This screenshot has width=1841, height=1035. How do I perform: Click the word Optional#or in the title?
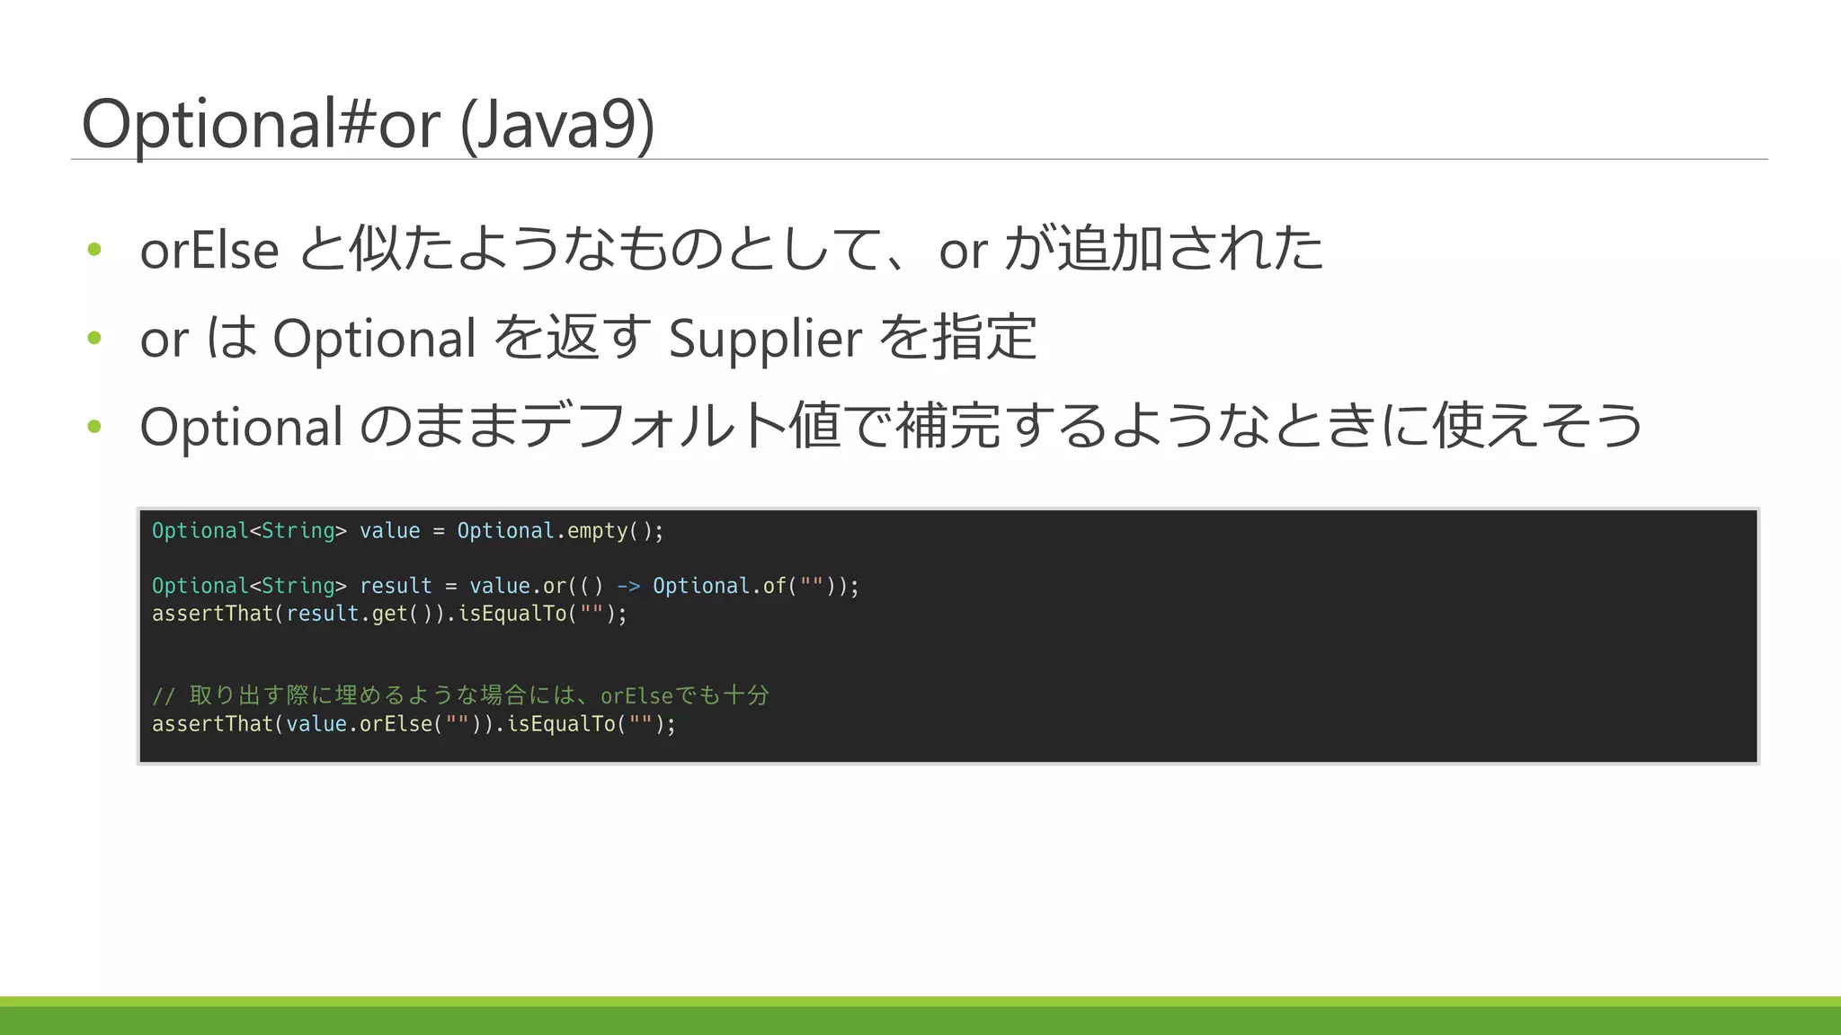click(261, 124)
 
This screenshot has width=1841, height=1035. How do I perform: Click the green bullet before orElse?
click(94, 249)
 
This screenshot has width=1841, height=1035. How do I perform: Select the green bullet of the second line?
click(94, 338)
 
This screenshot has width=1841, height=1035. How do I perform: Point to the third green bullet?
click(94, 426)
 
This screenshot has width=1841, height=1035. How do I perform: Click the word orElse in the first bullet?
click(209, 250)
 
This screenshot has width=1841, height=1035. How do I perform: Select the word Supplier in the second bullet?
click(765, 339)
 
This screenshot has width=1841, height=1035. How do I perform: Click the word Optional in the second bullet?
click(374, 339)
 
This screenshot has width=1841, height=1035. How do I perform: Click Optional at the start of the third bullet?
click(241, 427)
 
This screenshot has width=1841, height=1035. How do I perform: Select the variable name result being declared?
click(396, 586)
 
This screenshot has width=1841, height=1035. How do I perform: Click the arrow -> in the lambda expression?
click(628, 586)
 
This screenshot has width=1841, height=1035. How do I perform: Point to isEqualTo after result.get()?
click(512, 614)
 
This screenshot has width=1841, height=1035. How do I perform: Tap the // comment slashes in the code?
click(163, 696)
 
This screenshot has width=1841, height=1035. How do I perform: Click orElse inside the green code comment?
click(636, 696)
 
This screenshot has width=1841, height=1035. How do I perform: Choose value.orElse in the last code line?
click(360, 724)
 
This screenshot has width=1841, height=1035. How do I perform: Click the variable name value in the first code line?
click(389, 531)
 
